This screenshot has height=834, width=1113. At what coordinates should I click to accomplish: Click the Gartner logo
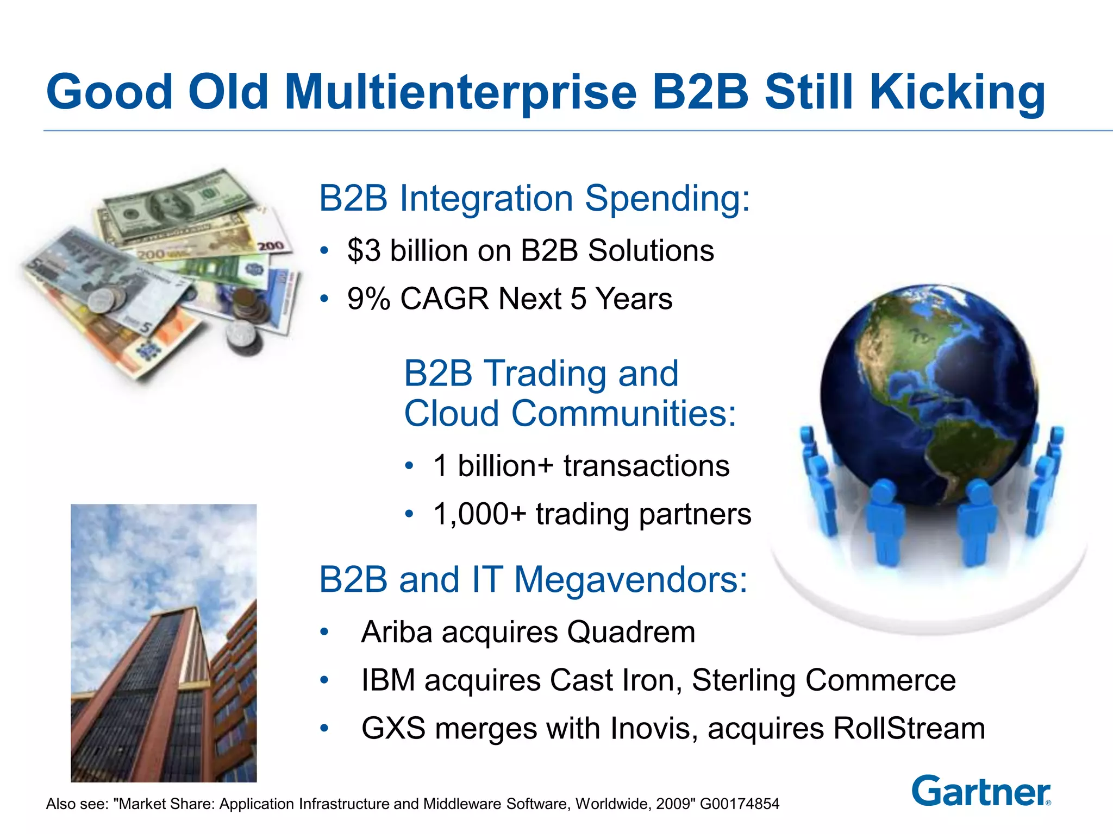click(981, 792)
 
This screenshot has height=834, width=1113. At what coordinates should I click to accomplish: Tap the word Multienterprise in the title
click(460, 92)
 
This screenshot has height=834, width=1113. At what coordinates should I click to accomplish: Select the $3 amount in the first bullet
click(364, 251)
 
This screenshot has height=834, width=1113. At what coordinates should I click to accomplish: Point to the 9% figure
click(368, 299)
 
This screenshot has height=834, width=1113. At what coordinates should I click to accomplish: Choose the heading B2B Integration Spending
click(534, 198)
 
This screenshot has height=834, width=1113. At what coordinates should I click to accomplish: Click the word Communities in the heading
click(623, 414)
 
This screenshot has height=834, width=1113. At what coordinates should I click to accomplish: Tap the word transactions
click(646, 466)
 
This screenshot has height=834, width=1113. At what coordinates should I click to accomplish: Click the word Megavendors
click(630, 579)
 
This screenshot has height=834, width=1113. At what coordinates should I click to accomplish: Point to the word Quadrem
click(631, 632)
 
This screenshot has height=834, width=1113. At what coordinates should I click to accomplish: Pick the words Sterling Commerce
click(823, 680)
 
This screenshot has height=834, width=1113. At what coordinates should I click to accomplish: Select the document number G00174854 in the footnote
click(739, 804)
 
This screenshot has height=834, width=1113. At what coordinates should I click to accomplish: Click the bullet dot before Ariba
click(324, 632)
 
